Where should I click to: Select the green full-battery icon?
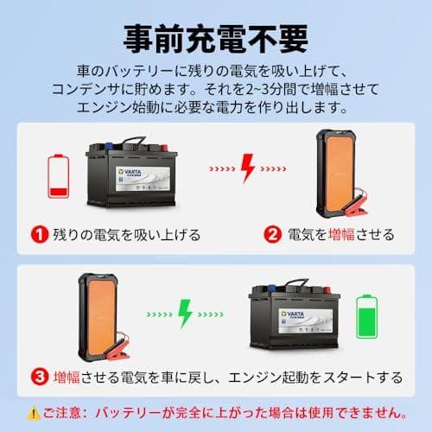367,317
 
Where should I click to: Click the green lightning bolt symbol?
184,313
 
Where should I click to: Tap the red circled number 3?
38,377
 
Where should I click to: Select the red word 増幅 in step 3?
70,377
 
